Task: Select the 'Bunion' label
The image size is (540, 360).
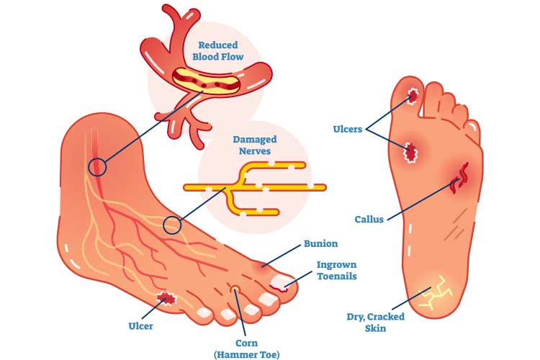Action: tap(321, 243)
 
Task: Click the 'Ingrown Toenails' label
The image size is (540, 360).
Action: tap(337, 269)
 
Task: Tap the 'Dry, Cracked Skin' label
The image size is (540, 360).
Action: tap(375, 323)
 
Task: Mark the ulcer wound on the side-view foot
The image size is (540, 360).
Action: tap(168, 297)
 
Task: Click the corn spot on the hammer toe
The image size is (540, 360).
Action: tap(235, 290)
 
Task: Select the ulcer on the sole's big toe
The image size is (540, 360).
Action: tap(413, 96)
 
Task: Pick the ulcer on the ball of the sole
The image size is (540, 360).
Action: tap(412, 151)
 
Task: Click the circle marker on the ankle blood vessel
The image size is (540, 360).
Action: tap(96, 168)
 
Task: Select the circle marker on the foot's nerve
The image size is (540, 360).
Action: tap(171, 225)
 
